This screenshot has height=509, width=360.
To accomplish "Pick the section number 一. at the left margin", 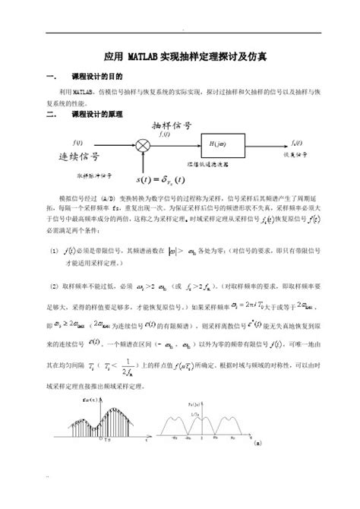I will coord(52,77).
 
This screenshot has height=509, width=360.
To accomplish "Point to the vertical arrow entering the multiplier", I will coord(141,162).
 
